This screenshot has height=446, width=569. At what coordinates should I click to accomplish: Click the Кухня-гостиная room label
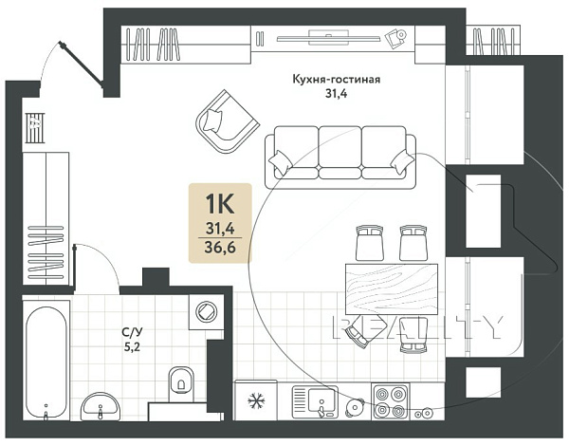tap(336, 79)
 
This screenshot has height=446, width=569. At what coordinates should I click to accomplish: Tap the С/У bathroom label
tap(132, 331)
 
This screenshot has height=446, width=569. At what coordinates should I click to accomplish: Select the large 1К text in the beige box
tap(220, 204)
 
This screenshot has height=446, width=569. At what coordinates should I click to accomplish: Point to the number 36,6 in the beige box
tap(220, 248)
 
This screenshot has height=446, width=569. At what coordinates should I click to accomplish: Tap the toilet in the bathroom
tap(181, 384)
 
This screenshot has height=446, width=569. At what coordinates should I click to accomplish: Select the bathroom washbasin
tap(100, 407)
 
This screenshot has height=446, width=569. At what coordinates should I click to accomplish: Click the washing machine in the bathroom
tap(206, 312)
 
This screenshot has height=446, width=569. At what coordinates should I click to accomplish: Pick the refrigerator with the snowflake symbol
tap(256, 400)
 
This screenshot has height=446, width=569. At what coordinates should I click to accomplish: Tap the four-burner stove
tap(390, 402)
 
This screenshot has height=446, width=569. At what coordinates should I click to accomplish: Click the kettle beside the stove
tap(354, 407)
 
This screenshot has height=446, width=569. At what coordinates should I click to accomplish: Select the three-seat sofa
tap(340, 157)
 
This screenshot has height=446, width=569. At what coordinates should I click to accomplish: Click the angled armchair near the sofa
tap(228, 121)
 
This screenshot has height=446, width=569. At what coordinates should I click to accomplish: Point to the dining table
tap(391, 289)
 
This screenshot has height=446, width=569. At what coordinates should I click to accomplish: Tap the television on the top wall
tap(328, 37)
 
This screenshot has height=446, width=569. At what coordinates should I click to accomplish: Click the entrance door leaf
tap(82, 65)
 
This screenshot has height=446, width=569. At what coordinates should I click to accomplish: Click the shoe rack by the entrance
tap(35, 128)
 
